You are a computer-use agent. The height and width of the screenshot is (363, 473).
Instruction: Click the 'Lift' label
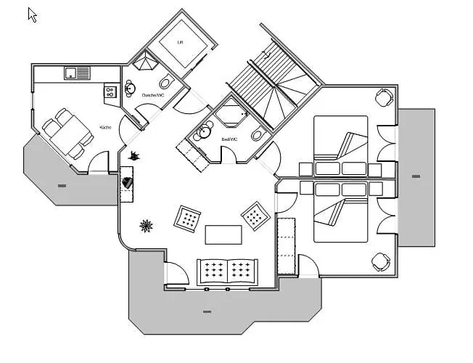point(181,42)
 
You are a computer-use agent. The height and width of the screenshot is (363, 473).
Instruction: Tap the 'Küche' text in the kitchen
point(106,128)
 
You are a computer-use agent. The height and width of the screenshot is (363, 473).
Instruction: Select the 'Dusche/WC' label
point(153,95)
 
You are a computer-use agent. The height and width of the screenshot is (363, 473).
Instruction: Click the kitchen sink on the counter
point(72,72)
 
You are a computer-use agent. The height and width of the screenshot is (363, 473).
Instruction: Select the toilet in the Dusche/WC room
point(164,81)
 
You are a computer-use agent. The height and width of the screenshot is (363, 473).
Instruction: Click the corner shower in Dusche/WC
point(147,61)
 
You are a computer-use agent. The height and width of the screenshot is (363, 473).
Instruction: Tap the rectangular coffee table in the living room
point(223,234)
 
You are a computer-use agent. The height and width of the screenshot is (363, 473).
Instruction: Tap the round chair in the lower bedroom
point(380,261)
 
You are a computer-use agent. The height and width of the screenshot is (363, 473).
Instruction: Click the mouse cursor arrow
point(32,15)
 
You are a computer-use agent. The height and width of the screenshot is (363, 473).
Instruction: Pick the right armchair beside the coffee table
point(255,214)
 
